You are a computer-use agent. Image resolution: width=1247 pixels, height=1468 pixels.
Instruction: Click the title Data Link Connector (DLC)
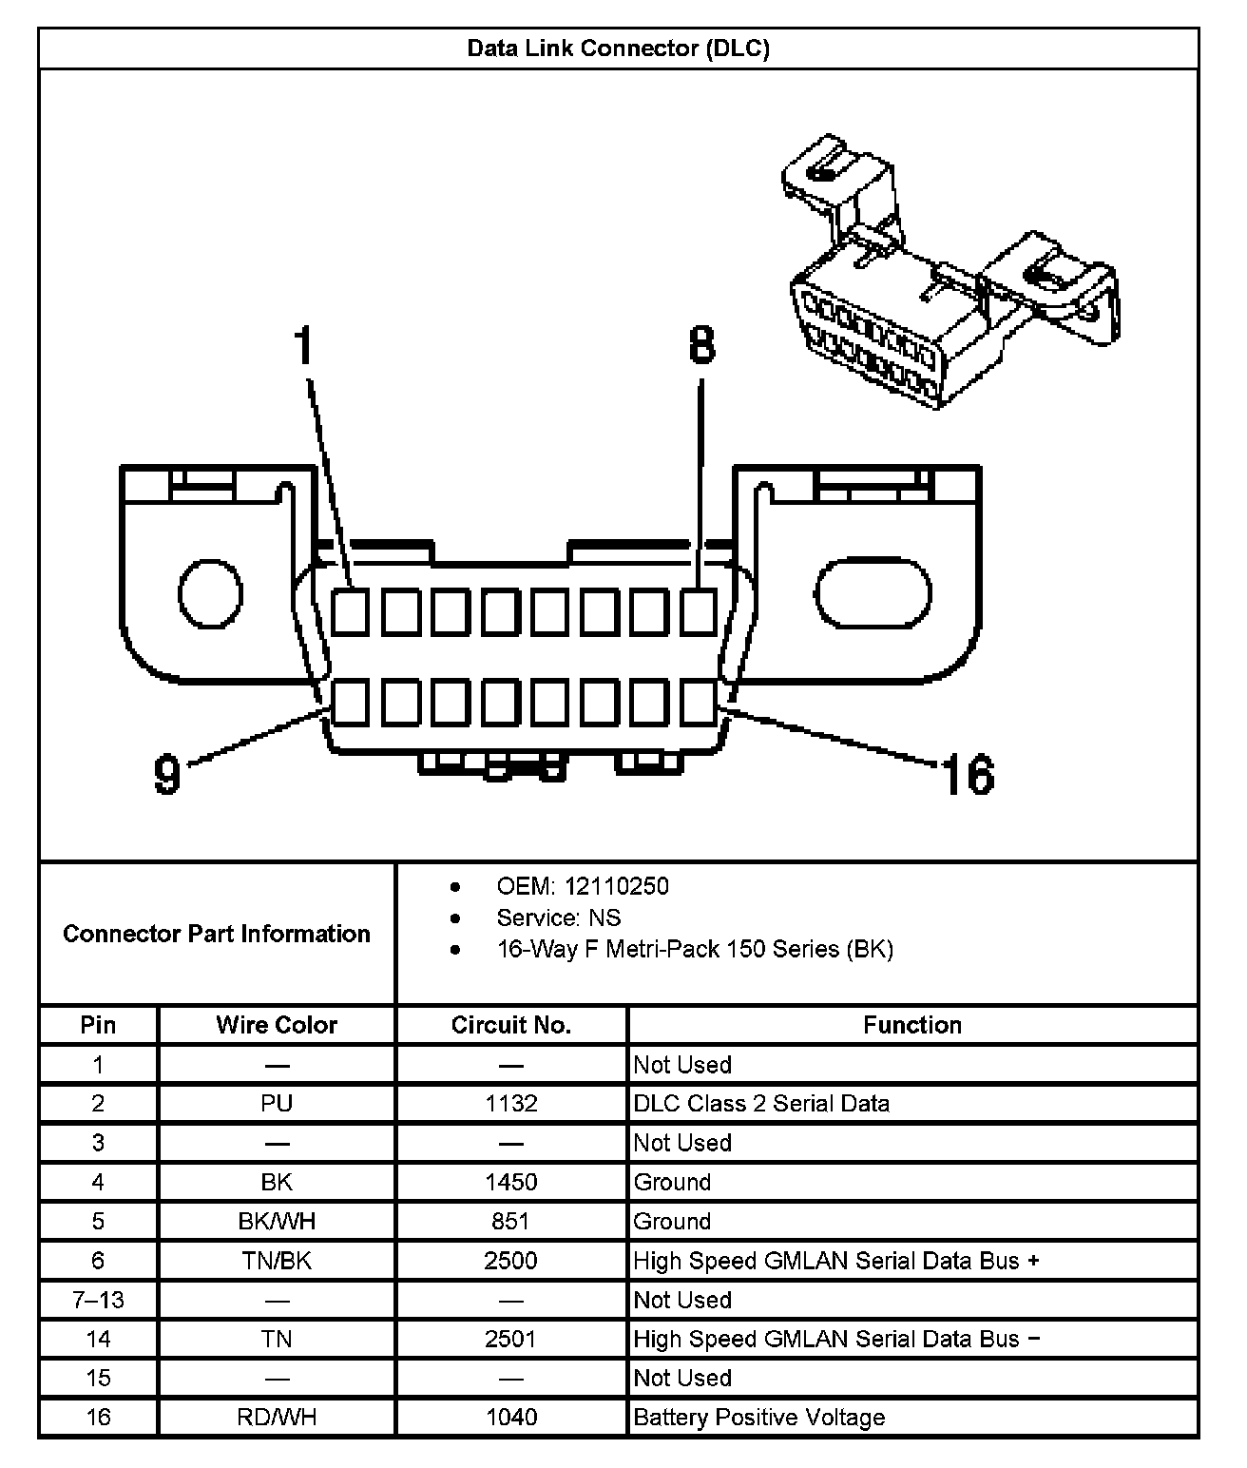coord(618,48)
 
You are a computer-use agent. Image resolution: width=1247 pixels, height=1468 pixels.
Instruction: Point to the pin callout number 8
coord(701,344)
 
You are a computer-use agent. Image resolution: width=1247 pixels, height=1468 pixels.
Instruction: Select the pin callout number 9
coord(167,774)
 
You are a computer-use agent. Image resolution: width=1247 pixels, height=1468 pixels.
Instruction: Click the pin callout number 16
coord(968,774)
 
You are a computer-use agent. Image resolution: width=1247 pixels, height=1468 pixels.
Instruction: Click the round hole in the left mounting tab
coord(210,594)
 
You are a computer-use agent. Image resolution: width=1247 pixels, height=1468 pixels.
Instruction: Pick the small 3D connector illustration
coord(946,276)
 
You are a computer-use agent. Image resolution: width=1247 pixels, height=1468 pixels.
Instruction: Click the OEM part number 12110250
coord(617,886)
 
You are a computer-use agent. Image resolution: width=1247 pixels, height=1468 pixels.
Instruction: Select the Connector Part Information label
coord(217,934)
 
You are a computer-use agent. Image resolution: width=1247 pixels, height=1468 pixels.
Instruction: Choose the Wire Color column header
coord(277,1025)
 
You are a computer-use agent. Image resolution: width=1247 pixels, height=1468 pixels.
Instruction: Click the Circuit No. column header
coord(511,1025)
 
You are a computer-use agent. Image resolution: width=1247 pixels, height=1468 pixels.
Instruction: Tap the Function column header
coord(912,1025)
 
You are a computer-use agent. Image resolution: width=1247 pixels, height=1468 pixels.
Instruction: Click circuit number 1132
coord(511,1104)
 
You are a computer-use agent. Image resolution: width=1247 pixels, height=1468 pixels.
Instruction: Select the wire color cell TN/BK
coord(277,1261)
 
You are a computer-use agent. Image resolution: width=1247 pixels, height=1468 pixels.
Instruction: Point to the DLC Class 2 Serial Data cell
coord(762,1104)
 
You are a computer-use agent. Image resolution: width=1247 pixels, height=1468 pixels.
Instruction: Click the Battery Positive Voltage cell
coord(759,1418)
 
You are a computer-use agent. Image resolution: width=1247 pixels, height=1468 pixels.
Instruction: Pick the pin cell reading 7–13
coord(99,1300)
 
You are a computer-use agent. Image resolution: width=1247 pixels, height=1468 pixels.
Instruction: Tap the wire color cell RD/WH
coord(277,1418)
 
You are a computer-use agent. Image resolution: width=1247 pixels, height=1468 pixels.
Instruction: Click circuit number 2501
coord(511,1340)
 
